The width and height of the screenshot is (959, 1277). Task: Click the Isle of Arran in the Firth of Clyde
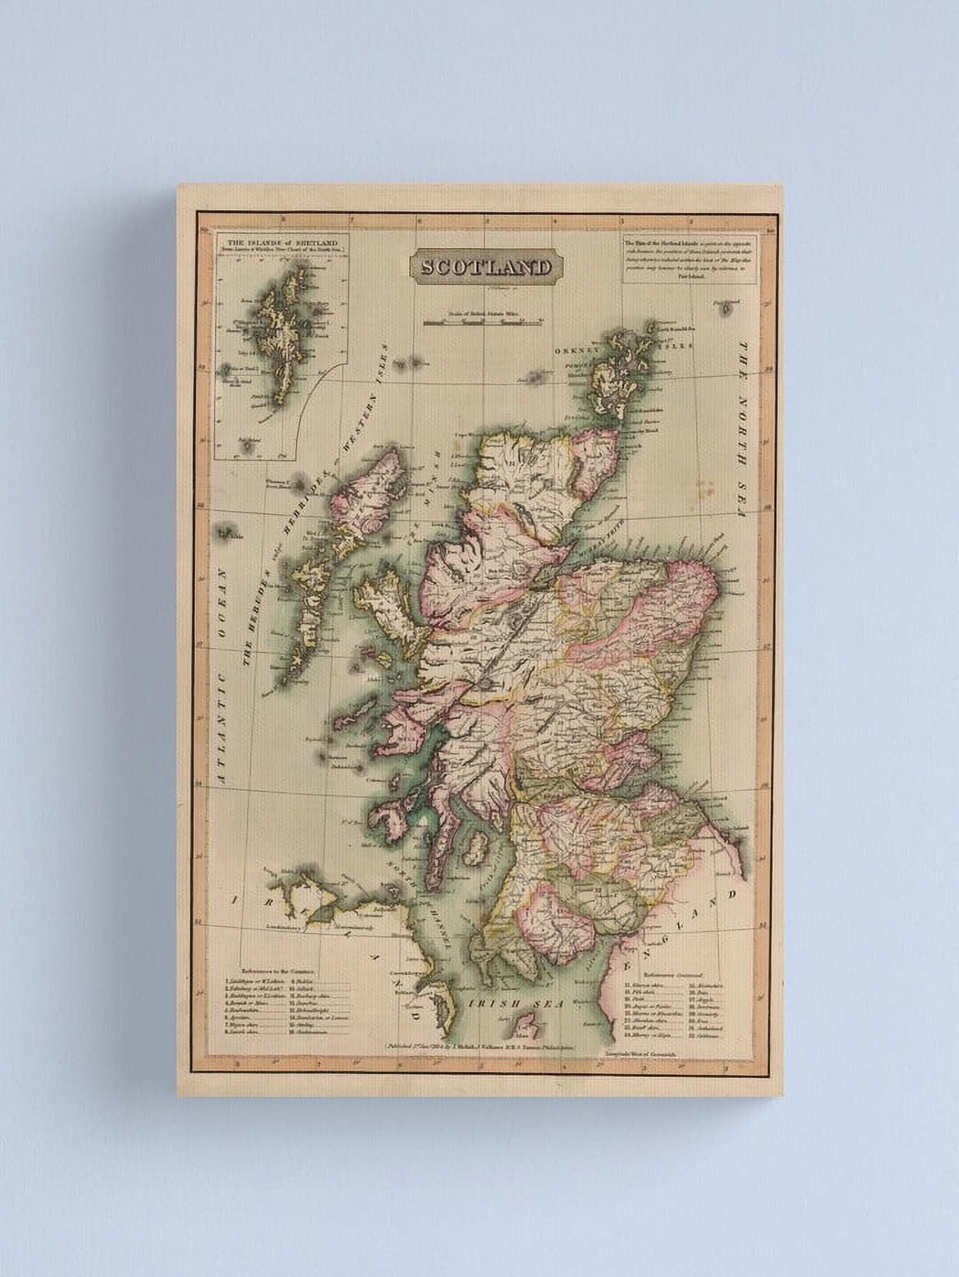click(x=476, y=851)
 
